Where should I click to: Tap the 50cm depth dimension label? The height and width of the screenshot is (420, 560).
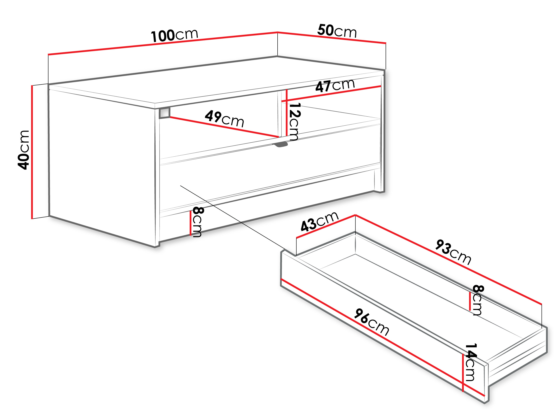click(x=337, y=31)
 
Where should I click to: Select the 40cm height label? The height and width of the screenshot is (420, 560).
click(x=24, y=150)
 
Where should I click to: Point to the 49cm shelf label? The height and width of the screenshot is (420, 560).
click(x=224, y=119)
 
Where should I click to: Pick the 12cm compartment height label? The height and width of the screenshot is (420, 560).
click(x=294, y=122)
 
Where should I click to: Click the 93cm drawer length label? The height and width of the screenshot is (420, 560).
click(x=453, y=252)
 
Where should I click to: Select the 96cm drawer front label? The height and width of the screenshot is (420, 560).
click(x=371, y=322)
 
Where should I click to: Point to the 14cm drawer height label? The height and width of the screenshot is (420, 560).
click(x=471, y=362)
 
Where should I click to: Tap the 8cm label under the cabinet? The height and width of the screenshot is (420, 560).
click(x=198, y=222)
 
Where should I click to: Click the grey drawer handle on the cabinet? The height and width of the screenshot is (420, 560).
click(x=280, y=144)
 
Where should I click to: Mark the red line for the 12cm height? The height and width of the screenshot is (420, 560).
click(x=287, y=113)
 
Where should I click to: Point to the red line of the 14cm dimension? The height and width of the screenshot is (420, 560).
click(x=463, y=373)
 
